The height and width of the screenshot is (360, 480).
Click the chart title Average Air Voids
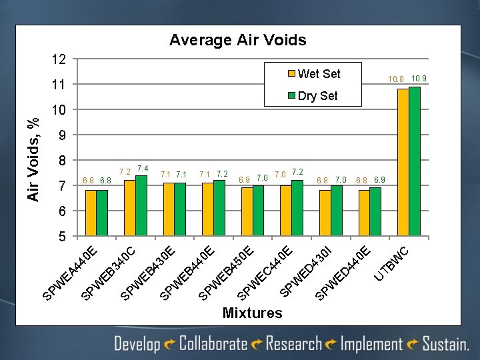[238, 40]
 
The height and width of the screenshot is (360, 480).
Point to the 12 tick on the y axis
[59, 59]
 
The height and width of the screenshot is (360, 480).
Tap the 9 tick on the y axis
[62, 135]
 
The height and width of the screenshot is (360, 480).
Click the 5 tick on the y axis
[62, 236]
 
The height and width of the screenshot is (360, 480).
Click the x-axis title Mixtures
[252, 313]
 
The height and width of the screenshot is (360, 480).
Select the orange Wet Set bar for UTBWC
[403, 163]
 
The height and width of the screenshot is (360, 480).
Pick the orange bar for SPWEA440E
[91, 213]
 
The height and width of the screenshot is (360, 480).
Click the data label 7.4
[142, 167]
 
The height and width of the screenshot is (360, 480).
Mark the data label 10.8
[397, 80]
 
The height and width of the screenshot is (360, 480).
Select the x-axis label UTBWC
[396, 264]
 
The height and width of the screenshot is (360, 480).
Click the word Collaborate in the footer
[213, 344]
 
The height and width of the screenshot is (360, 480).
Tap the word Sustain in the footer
[445, 344]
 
